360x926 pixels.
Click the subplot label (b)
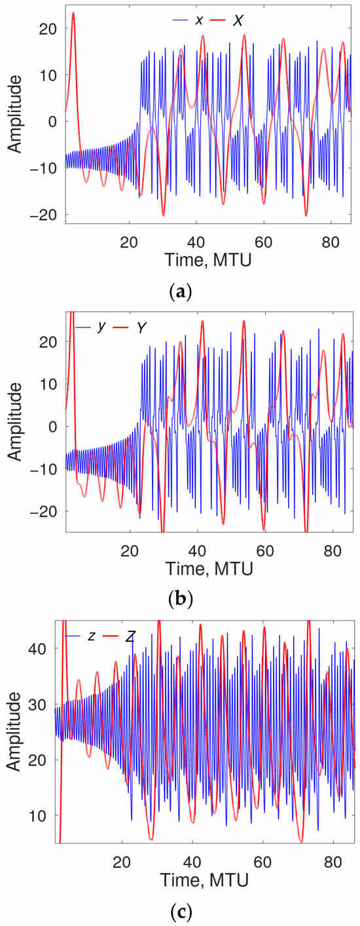179,599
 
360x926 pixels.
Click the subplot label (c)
179,910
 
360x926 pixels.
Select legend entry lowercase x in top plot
198,21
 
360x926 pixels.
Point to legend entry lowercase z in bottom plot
92,636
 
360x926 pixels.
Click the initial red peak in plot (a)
73,13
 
